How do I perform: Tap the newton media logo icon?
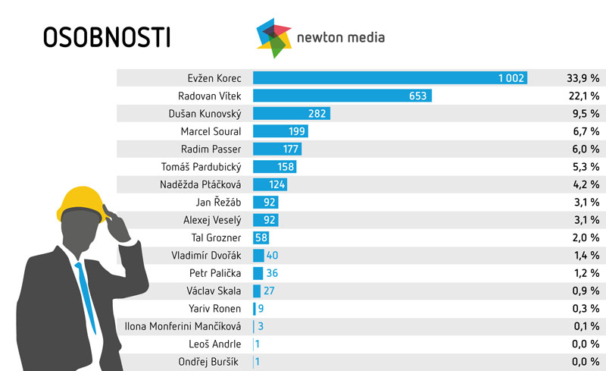click(x=274, y=37)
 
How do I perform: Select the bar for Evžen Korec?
click(x=390, y=78)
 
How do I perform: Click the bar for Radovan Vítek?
click(x=342, y=96)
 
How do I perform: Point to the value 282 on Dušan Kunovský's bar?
click(x=317, y=114)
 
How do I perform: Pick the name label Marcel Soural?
click(x=211, y=131)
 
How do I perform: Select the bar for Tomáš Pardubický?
click(x=274, y=167)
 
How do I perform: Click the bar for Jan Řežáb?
click(x=266, y=203)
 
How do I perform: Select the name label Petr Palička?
click(x=215, y=273)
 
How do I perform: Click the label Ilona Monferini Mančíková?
click(x=183, y=326)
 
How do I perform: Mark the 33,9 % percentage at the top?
click(x=583, y=78)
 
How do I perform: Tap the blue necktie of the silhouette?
click(x=86, y=296)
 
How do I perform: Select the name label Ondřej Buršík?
click(x=208, y=362)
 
